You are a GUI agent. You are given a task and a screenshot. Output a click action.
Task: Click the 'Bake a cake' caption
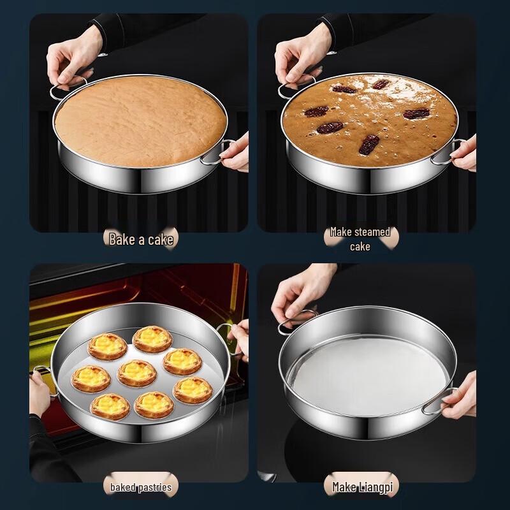[x=140, y=240]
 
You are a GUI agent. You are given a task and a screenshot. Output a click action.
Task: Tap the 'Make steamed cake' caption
[x=360, y=238]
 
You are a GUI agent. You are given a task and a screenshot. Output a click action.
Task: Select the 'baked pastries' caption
[x=140, y=488]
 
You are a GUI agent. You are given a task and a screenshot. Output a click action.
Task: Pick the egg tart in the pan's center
[x=137, y=373]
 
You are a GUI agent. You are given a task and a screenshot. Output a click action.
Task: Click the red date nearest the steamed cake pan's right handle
[x=416, y=113]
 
